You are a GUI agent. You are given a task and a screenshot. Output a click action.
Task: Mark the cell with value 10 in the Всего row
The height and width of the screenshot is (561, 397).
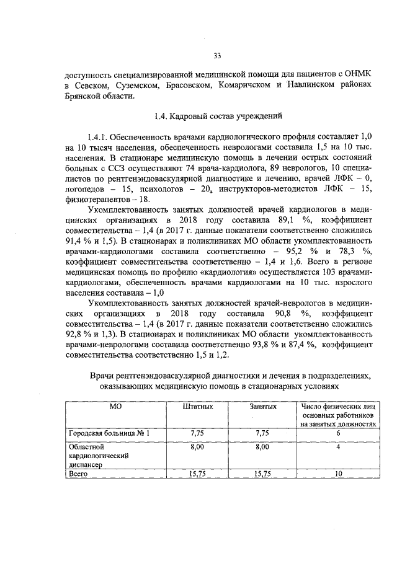tap(338, 475)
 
